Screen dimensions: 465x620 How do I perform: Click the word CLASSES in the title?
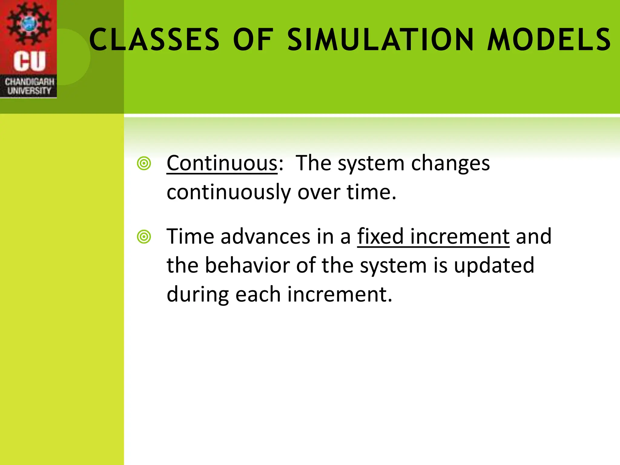tap(154, 40)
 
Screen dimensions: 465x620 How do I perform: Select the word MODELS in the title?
tap(549, 40)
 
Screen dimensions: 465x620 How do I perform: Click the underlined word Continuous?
tap(222, 163)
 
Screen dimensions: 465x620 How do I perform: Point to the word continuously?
tap(228, 193)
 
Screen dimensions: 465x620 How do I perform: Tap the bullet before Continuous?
tap(144, 164)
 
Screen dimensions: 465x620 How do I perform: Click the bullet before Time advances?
tap(144, 237)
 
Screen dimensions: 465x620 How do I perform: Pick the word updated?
tap(494, 266)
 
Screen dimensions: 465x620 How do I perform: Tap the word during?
tap(197, 295)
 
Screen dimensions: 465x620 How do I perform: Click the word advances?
tap(265, 236)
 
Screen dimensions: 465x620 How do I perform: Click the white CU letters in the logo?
tap(29, 61)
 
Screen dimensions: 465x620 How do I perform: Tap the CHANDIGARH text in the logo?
tap(29, 82)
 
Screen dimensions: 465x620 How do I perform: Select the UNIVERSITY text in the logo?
tap(29, 91)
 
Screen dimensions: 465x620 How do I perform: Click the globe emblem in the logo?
tap(29, 23)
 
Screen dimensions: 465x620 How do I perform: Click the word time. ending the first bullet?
tap(371, 193)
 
